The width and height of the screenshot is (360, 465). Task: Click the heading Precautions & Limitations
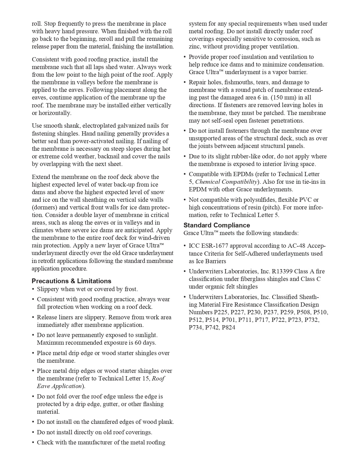(71, 281)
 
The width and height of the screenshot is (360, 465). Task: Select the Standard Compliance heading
(217, 225)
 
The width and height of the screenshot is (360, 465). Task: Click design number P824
(228, 327)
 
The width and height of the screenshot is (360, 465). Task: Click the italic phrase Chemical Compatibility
(226, 182)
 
